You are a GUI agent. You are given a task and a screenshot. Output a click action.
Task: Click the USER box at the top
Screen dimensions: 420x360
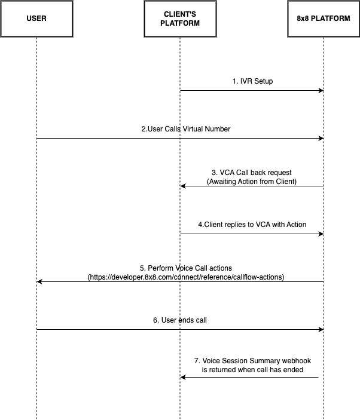click(36, 19)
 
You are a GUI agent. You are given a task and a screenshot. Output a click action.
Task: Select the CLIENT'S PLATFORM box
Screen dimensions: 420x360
click(180, 19)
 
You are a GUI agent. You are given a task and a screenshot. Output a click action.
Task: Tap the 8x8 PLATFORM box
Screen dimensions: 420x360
click(324, 19)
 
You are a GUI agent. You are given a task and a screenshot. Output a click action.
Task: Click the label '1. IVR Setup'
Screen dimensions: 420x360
click(252, 81)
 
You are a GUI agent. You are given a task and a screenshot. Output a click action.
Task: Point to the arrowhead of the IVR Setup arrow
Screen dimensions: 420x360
click(321, 91)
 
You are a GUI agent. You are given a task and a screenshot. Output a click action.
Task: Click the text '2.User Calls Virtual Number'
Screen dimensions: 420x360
click(185, 129)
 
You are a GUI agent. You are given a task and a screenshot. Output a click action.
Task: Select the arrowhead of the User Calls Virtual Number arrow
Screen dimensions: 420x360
click(321, 139)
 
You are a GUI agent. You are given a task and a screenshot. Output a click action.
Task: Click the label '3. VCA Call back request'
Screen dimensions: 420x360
click(252, 173)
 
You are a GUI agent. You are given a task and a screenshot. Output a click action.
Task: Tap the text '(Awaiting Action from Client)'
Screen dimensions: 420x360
click(252, 182)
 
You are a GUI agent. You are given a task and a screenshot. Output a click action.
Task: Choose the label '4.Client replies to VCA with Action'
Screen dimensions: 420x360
click(252, 225)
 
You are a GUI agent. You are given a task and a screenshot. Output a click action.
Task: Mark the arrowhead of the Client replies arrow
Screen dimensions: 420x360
click(321, 234)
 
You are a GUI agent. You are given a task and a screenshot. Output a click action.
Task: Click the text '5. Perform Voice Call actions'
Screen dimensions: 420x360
click(185, 268)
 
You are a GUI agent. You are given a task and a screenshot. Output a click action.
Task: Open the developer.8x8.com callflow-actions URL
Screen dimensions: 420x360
click(185, 277)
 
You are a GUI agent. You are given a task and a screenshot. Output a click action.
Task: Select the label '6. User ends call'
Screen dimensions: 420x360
click(179, 320)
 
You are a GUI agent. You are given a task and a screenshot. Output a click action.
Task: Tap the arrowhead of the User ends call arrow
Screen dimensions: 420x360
click(321, 330)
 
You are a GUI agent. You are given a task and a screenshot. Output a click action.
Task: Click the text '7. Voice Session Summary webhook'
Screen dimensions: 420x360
click(252, 361)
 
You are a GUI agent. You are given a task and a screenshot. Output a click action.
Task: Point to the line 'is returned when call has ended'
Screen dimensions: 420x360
click(252, 370)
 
